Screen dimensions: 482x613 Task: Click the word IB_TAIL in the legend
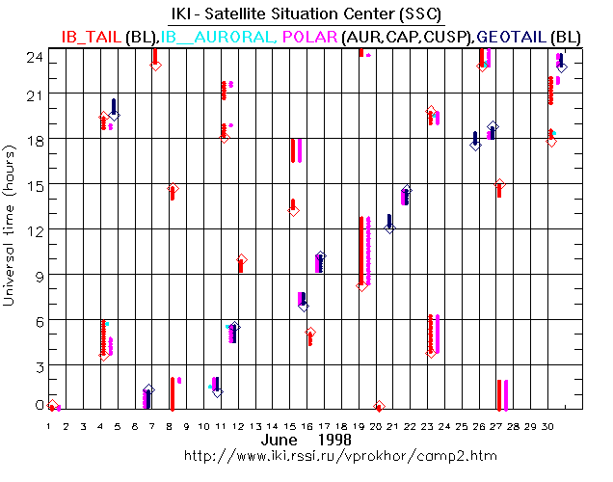(91, 36)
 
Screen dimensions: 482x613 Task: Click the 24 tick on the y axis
(32, 55)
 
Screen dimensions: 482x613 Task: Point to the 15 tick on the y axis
(32, 184)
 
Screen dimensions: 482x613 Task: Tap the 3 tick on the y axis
(36, 365)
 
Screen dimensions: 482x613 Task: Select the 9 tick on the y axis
(36, 275)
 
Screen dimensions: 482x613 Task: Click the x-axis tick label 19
(360, 424)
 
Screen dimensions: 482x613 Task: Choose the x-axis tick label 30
(548, 424)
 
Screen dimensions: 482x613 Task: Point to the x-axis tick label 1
(49, 424)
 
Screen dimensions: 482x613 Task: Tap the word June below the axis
(279, 439)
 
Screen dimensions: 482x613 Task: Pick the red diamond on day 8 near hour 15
(173, 189)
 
